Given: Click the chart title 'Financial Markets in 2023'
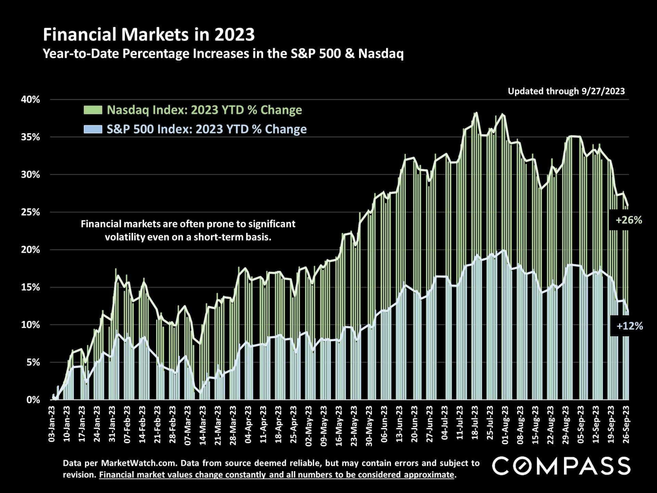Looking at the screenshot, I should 149,35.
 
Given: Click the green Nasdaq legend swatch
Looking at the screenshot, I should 93,110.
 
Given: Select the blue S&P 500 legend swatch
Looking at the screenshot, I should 93,129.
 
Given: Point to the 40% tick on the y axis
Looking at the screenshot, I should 30,100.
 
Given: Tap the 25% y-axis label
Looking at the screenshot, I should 30,212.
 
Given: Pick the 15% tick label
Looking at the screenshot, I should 30,287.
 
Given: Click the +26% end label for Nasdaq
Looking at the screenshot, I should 629,220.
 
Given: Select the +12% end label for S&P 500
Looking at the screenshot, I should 629,326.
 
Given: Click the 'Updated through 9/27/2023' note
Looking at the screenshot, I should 566,91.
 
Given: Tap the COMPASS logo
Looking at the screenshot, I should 561,466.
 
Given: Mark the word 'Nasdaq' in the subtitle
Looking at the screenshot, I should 381,54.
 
